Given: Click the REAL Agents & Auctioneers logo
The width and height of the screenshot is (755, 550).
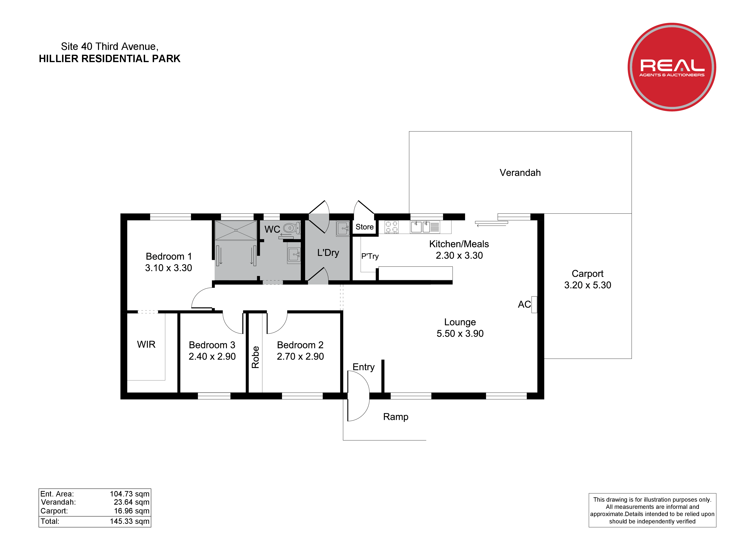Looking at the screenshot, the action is [x=672, y=67].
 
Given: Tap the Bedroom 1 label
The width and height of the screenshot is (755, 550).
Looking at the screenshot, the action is [x=169, y=256].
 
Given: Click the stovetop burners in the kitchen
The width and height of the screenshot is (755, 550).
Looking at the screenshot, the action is [x=392, y=227].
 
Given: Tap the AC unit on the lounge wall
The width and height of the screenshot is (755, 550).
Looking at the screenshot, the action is [x=534, y=305].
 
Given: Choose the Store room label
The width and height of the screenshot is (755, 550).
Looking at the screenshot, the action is [x=364, y=227].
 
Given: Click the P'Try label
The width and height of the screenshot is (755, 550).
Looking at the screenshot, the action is [x=370, y=256].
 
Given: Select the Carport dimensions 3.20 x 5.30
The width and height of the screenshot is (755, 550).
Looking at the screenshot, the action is [x=588, y=285].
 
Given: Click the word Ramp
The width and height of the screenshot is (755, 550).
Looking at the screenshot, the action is [x=396, y=417].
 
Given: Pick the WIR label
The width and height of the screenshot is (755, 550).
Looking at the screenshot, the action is [x=146, y=344].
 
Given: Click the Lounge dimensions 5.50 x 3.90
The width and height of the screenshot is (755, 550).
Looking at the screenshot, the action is [x=460, y=334].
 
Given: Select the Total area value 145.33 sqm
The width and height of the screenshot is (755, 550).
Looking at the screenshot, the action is [x=130, y=521].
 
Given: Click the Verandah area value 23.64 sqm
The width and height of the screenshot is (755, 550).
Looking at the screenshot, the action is [x=132, y=502].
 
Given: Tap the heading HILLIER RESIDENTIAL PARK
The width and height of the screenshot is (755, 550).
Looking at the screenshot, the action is [x=110, y=59].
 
